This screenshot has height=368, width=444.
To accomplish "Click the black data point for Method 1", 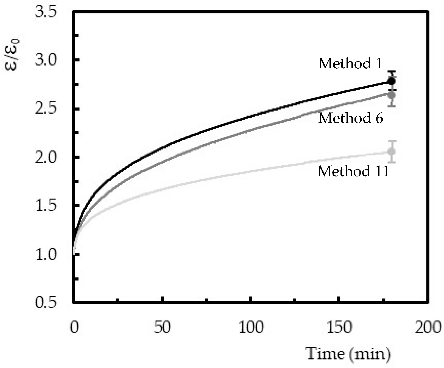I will [392, 81].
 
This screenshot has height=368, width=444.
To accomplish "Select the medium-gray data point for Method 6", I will [392, 95].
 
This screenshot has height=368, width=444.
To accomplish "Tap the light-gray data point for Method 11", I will [392, 151].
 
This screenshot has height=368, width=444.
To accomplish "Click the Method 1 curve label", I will [350, 64].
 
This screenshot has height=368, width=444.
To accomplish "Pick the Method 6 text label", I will [350, 118].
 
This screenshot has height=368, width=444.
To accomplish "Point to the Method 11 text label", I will [353, 172].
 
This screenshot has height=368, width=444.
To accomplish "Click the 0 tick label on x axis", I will [74, 327].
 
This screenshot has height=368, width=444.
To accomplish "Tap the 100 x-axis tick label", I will [251, 327].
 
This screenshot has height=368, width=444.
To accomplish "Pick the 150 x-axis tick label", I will [340, 327].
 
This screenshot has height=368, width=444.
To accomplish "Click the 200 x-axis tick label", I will [428, 327].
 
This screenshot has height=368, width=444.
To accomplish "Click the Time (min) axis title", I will [348, 354].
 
